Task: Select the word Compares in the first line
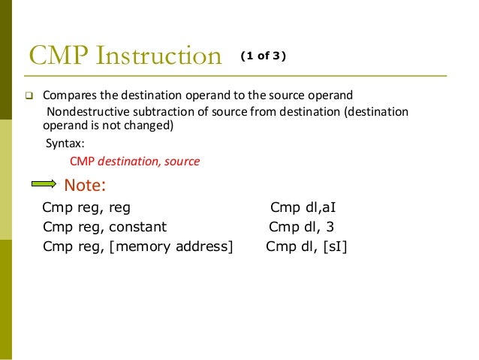click(68, 97)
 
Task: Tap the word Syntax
click(65, 144)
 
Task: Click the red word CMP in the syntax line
click(82, 161)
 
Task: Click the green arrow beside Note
click(44, 185)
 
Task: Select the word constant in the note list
click(135, 227)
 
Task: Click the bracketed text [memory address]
click(170, 246)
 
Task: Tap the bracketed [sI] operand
click(335, 246)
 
